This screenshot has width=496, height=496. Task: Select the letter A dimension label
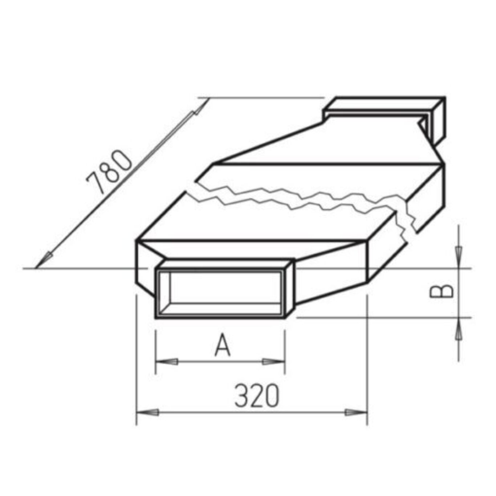pyautogui.click(x=222, y=346)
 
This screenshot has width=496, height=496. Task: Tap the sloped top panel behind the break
pyautogui.click(x=327, y=143)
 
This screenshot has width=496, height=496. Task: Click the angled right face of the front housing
pyautogui.click(x=330, y=276)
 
